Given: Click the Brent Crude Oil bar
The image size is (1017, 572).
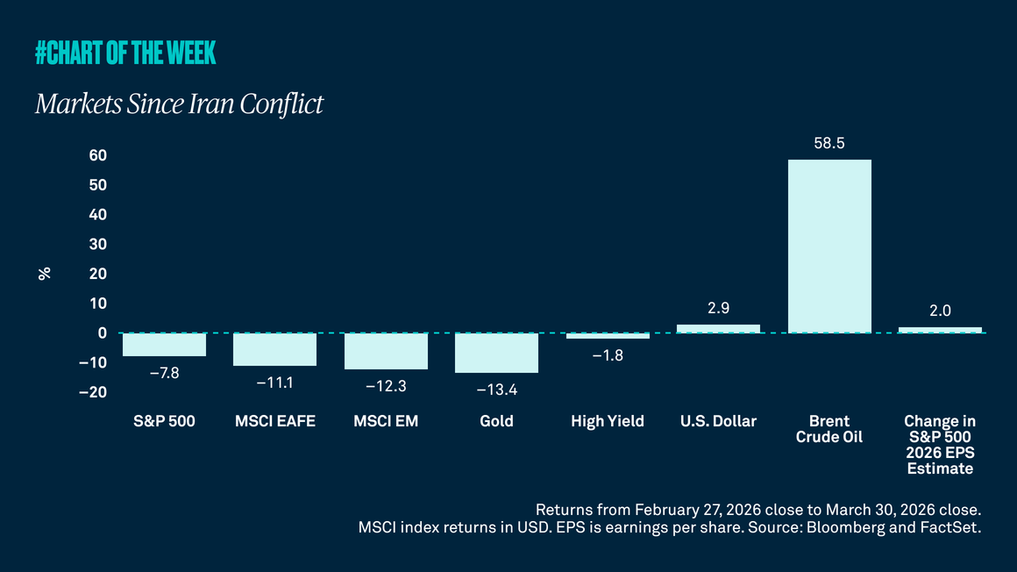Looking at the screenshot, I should pos(829,247).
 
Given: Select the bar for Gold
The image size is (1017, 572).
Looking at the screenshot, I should pos(496,353).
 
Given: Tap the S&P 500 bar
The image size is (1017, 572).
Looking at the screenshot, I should pos(164,345).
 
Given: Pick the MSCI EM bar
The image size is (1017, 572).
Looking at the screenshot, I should pos(386,351).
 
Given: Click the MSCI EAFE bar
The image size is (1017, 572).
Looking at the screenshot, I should pos(274,349).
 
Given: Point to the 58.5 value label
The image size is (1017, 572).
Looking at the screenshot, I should pos(829,143).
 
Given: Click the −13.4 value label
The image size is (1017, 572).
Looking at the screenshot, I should pos(496,390).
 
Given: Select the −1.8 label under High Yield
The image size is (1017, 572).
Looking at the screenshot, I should pos(607,355).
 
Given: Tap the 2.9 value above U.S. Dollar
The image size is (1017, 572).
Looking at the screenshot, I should pos(718,309).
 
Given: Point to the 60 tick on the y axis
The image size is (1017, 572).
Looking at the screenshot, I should pos(97,155).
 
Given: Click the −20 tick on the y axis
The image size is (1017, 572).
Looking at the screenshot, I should pos(92,392).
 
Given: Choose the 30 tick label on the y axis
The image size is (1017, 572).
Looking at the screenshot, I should pos(97,244).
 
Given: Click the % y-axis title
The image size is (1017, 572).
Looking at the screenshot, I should pos(45,274).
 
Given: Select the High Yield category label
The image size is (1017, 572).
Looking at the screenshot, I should pos(607,421).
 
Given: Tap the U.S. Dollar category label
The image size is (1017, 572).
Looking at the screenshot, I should pos(718,421).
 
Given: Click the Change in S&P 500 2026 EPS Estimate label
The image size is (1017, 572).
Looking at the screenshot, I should pos(940,445).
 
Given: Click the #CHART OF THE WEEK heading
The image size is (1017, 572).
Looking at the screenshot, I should pos(125,54).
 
